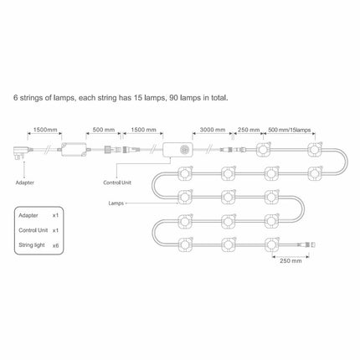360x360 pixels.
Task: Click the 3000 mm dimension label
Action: [x=213, y=130]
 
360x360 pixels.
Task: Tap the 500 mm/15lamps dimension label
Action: [x=290, y=130]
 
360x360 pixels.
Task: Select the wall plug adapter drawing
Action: [x=22, y=152]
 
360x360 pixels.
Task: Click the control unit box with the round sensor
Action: [x=178, y=151]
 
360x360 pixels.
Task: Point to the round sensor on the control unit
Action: [x=185, y=151]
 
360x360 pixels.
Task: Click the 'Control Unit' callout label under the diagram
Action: [x=117, y=183]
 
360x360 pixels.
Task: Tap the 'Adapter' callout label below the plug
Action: [x=24, y=183]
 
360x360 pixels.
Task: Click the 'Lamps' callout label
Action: [x=116, y=203]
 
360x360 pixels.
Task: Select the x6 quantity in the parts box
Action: [x=55, y=245]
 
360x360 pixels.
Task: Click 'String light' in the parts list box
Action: [x=32, y=245]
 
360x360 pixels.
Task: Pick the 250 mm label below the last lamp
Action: [x=291, y=260]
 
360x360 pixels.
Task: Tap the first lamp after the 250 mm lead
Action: [x=263, y=150]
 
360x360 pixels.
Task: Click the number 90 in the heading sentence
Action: [x=173, y=98]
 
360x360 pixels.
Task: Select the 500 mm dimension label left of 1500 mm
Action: [x=104, y=130]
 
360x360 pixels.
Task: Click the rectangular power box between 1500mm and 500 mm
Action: [x=74, y=150]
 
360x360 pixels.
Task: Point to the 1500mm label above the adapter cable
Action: [x=45, y=130]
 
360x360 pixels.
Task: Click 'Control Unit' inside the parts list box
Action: [x=33, y=230]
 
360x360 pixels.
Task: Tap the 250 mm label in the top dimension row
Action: [x=249, y=130]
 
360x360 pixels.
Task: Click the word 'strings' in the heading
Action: [x=31, y=98]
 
